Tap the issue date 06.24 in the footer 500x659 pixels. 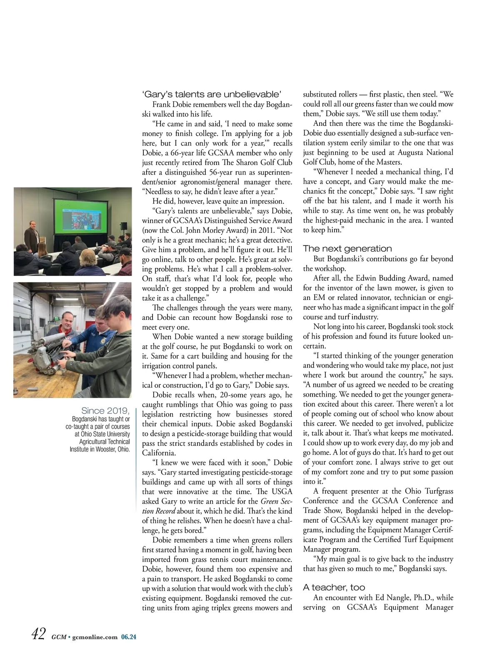[x=129, y=637]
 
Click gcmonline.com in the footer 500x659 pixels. [x=95, y=637]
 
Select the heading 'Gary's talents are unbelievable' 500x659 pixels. [x=212, y=94]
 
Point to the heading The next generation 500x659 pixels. [x=347, y=249]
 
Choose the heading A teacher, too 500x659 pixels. [x=334, y=587]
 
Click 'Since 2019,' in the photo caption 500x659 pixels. [x=105, y=411]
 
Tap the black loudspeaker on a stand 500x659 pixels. [x=124, y=226]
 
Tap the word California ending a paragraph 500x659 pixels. [x=158, y=453]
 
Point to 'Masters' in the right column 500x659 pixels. [x=388, y=162]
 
